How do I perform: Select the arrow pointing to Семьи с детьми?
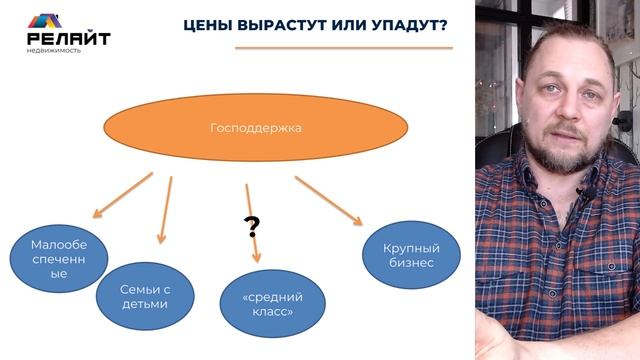click(x=165, y=211)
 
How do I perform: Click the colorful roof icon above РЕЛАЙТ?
click(x=45, y=19)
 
